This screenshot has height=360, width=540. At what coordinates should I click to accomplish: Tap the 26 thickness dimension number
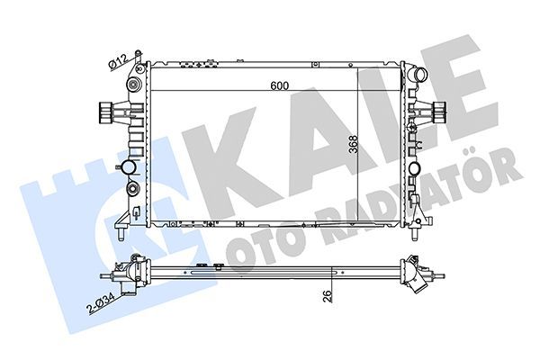point(329,292)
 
